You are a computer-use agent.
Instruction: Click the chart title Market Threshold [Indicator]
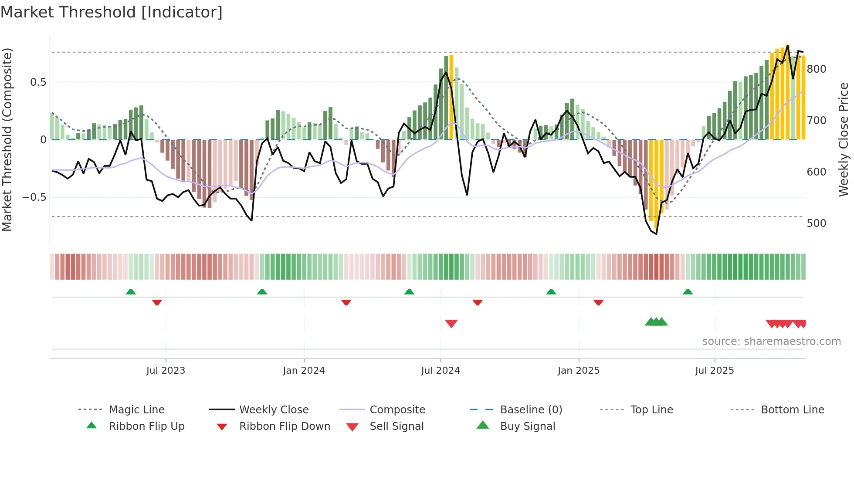tap(112, 12)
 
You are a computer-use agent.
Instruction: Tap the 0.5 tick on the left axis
tap(38, 82)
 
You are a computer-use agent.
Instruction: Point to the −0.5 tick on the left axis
tap(34, 197)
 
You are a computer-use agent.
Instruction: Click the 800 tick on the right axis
tap(817, 69)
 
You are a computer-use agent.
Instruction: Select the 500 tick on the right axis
tap(817, 223)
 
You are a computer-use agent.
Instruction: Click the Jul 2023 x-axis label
tap(166, 371)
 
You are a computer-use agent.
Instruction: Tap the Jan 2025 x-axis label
tap(579, 371)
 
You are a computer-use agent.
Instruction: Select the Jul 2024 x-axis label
tap(441, 371)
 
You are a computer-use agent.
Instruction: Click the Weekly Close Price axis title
tap(844, 139)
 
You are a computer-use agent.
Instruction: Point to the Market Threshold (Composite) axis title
tap(7, 139)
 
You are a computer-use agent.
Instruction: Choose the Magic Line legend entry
tap(136, 410)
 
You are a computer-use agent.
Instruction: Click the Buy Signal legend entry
tap(527, 426)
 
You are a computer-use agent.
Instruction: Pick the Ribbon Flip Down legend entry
tap(285, 426)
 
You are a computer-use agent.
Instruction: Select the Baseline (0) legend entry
tap(531, 410)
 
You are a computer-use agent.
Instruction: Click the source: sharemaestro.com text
tap(771, 341)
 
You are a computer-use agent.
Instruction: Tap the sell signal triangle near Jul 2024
tap(451, 324)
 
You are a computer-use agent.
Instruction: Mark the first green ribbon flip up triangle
tap(131, 292)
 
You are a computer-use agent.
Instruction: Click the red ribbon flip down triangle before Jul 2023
tap(157, 302)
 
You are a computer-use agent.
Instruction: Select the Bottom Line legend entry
tap(792, 410)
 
